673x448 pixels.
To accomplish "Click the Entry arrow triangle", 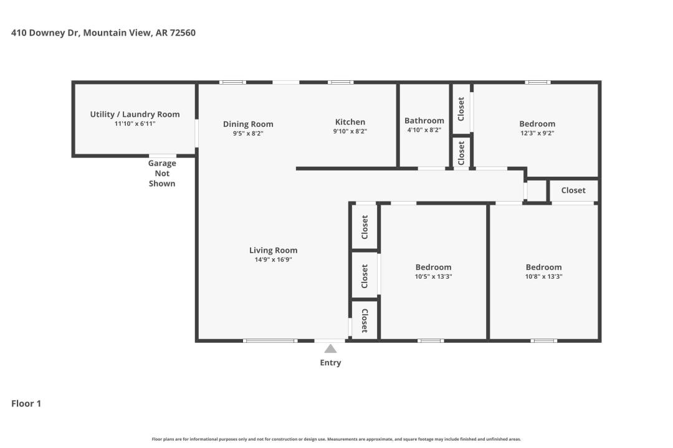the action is click(330, 348).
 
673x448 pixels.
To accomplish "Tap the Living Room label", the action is click(274, 250).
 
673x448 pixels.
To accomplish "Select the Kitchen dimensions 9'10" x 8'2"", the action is click(350, 131).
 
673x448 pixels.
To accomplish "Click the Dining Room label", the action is click(248, 124).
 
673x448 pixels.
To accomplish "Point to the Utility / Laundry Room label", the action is click(135, 114).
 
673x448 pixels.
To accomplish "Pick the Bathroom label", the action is click(424, 121).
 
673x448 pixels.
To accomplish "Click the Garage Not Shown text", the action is click(162, 173).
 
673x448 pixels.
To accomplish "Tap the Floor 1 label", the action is click(26, 403).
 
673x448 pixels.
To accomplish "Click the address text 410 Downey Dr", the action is click(45, 32).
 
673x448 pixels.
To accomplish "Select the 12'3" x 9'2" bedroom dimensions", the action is click(537, 133).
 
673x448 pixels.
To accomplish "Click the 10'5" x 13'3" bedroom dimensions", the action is click(434, 276).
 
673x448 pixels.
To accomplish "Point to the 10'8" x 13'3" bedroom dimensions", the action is click(544, 276).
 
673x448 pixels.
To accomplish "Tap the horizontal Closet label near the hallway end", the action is click(573, 190).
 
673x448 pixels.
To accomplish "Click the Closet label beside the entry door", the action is click(365, 320).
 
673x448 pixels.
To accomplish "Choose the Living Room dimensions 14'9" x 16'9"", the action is click(274, 259).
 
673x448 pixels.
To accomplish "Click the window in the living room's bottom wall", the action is click(270, 341).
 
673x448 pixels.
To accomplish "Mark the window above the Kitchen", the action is click(341, 82).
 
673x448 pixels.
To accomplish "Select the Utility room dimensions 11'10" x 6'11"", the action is click(135, 123).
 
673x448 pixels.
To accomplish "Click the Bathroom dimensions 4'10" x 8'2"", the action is click(424, 130).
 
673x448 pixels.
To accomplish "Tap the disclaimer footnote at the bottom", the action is click(336, 439).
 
